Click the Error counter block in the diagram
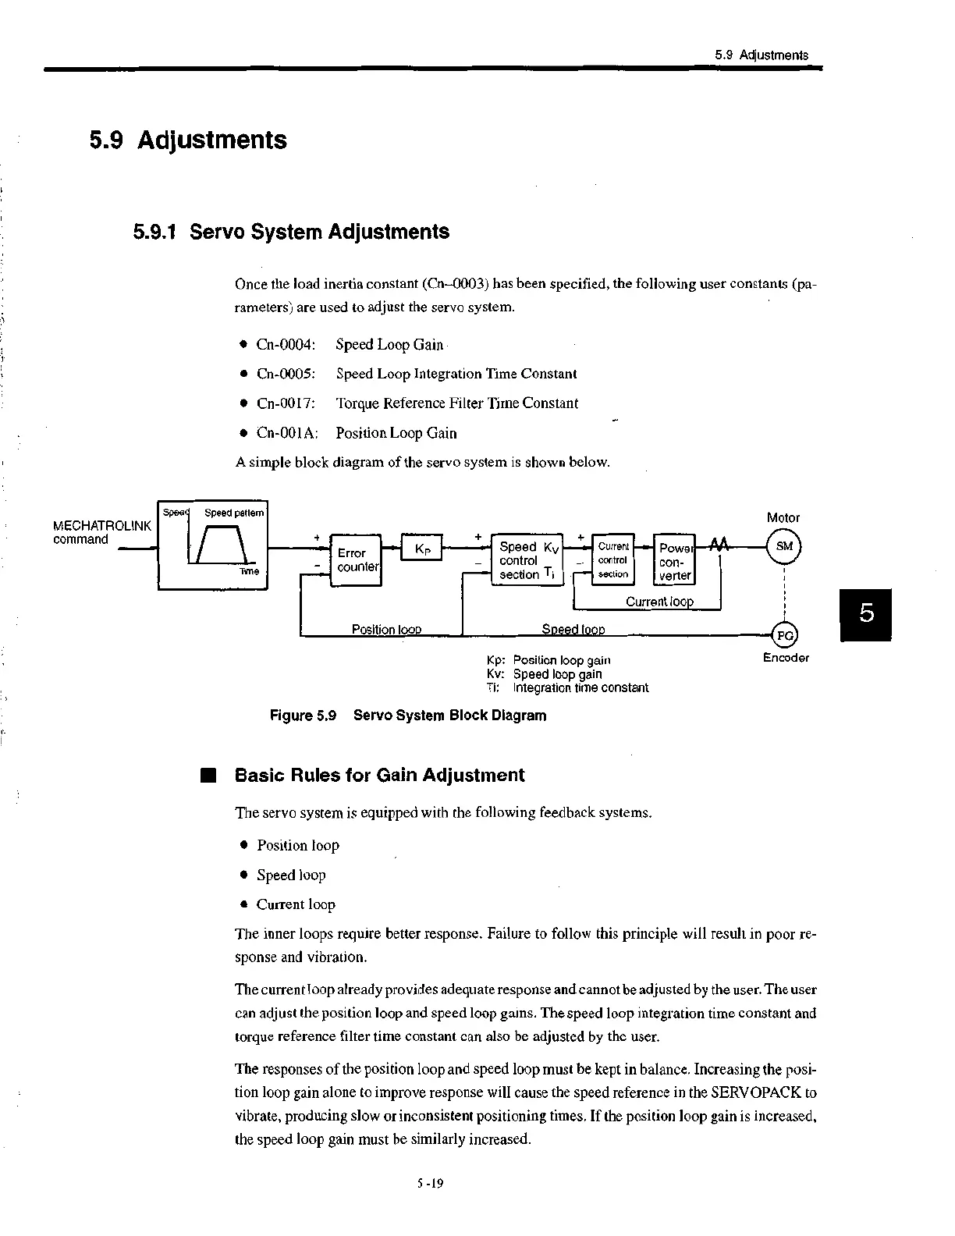pos(355,559)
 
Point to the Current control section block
pos(613,559)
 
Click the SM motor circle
pos(784,546)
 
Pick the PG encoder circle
pos(784,635)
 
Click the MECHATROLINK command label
pos(101,533)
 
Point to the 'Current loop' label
pos(659,602)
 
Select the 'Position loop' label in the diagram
pos(386,629)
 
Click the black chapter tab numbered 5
pos(865,615)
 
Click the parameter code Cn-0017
pos(286,403)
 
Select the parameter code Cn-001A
pos(286,433)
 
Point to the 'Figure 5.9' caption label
pos(303,716)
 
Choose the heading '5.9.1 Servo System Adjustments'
pos(291,232)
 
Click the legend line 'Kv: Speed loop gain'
pos(544,674)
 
